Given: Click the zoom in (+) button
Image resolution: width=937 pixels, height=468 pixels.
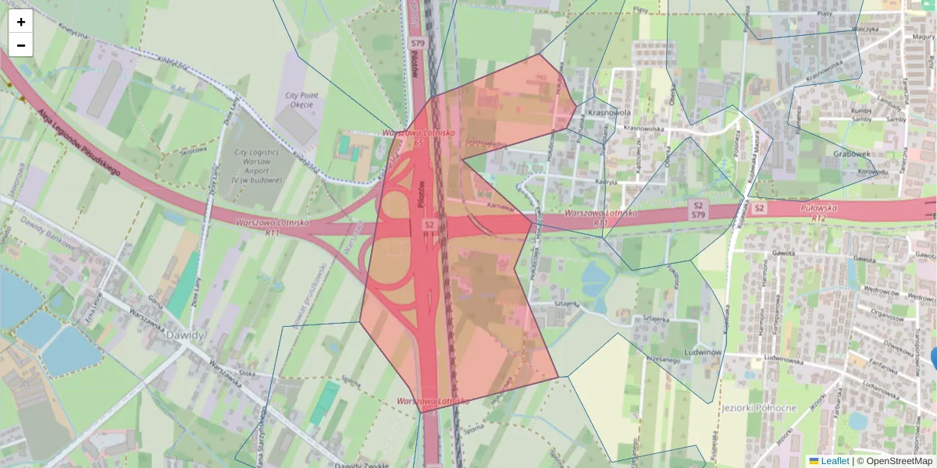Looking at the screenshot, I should click(21, 22).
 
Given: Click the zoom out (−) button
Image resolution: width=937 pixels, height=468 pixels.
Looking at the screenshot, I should click(21, 45).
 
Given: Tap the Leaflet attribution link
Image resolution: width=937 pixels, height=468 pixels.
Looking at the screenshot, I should click(828, 461).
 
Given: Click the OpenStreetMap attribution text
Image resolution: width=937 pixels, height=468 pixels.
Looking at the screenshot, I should click(898, 461).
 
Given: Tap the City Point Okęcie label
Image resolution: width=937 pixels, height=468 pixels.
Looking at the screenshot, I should click(299, 100).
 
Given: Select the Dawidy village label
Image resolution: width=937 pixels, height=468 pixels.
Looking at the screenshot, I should click(185, 335).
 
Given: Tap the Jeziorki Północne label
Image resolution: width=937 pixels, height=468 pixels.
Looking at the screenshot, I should click(759, 407).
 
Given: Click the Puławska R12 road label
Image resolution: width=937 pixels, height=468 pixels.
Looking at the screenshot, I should click(819, 213).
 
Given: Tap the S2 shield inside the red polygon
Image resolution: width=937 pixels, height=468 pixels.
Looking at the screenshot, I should click(429, 225).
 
